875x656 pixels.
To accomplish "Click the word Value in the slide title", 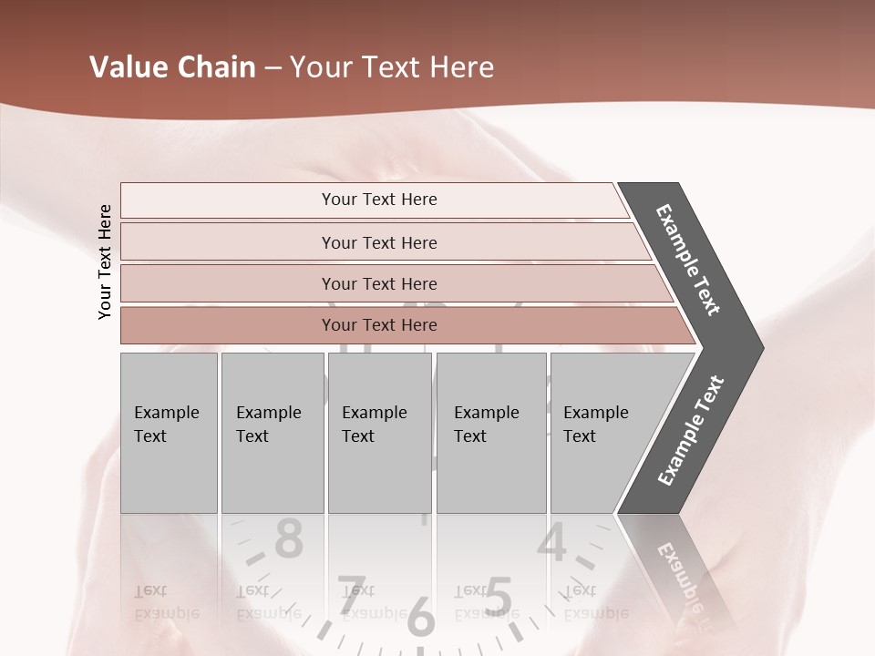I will (128, 67).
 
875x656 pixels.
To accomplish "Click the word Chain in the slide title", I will (216, 67).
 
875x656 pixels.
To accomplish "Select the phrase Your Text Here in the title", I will (392, 67).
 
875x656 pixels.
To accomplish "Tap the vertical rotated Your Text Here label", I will (105, 262).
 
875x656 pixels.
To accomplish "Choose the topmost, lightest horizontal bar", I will (378, 200).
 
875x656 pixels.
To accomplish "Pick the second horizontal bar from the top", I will (378, 242).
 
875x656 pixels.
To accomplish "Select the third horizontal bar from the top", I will (378, 283).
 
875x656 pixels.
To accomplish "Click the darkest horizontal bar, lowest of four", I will (378, 325).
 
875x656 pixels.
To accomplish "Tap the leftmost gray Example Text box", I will (169, 433).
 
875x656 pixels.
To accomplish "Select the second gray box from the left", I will (272, 433).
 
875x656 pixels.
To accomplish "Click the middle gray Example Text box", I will (379, 433).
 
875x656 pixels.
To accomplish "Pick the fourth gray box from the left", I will (490, 433).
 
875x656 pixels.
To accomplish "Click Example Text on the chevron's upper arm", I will (689, 260).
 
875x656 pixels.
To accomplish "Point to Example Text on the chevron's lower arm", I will (691, 431).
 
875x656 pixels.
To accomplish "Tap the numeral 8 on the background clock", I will (289, 539).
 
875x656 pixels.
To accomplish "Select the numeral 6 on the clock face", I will (420, 617).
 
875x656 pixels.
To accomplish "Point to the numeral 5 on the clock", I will (498, 597).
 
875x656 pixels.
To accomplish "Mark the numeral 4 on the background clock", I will (552, 543).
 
